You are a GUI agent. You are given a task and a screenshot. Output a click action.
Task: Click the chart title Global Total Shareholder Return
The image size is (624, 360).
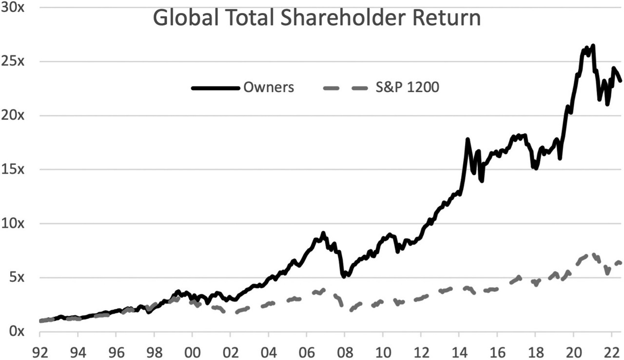point(316,19)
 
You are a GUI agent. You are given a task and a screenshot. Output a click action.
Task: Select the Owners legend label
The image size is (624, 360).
point(269,88)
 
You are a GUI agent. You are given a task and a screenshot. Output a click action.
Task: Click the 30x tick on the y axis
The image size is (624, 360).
point(11,8)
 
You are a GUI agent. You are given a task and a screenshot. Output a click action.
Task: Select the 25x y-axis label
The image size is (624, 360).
point(11,62)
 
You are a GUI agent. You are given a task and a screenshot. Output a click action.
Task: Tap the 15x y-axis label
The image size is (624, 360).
point(11,170)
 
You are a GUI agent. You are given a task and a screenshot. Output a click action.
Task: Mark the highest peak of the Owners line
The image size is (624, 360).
point(593,46)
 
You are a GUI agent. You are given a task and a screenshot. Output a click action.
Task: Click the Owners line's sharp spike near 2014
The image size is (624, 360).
point(468,139)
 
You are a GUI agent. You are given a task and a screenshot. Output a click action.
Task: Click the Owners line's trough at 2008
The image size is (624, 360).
point(344,276)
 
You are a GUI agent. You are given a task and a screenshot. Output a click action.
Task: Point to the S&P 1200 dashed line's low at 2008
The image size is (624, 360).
point(351,310)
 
